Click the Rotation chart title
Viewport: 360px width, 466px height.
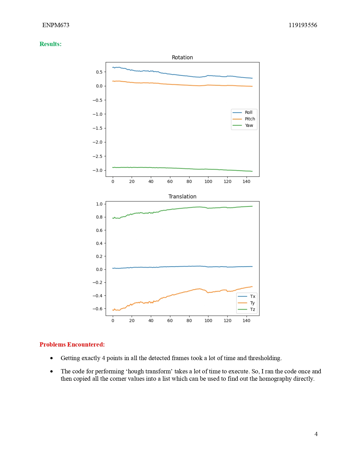coord(182,57)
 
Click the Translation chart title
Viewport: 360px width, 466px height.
coord(182,197)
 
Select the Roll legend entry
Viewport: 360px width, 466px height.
coord(248,112)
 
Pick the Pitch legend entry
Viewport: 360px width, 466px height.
coord(250,119)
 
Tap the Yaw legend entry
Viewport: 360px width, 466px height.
coord(249,125)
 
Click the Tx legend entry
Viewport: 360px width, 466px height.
coord(252,297)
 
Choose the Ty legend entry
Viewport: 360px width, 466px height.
coord(252,303)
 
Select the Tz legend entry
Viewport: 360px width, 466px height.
coord(252,310)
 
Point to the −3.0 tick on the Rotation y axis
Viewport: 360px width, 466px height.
coord(98,170)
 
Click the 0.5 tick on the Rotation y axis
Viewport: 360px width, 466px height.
coord(99,72)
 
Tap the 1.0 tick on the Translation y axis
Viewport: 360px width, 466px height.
coord(99,204)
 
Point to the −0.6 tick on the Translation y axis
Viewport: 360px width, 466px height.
coord(98,309)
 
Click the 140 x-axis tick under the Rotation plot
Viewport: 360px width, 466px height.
coord(246,182)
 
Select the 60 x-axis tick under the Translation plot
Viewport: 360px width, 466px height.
coord(170,321)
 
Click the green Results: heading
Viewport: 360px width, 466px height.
coord(51,44)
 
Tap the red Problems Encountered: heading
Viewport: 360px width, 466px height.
coord(72,345)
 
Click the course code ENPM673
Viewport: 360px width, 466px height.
coord(56,25)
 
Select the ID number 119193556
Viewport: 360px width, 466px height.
coord(303,25)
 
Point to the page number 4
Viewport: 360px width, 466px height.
coord(316,434)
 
